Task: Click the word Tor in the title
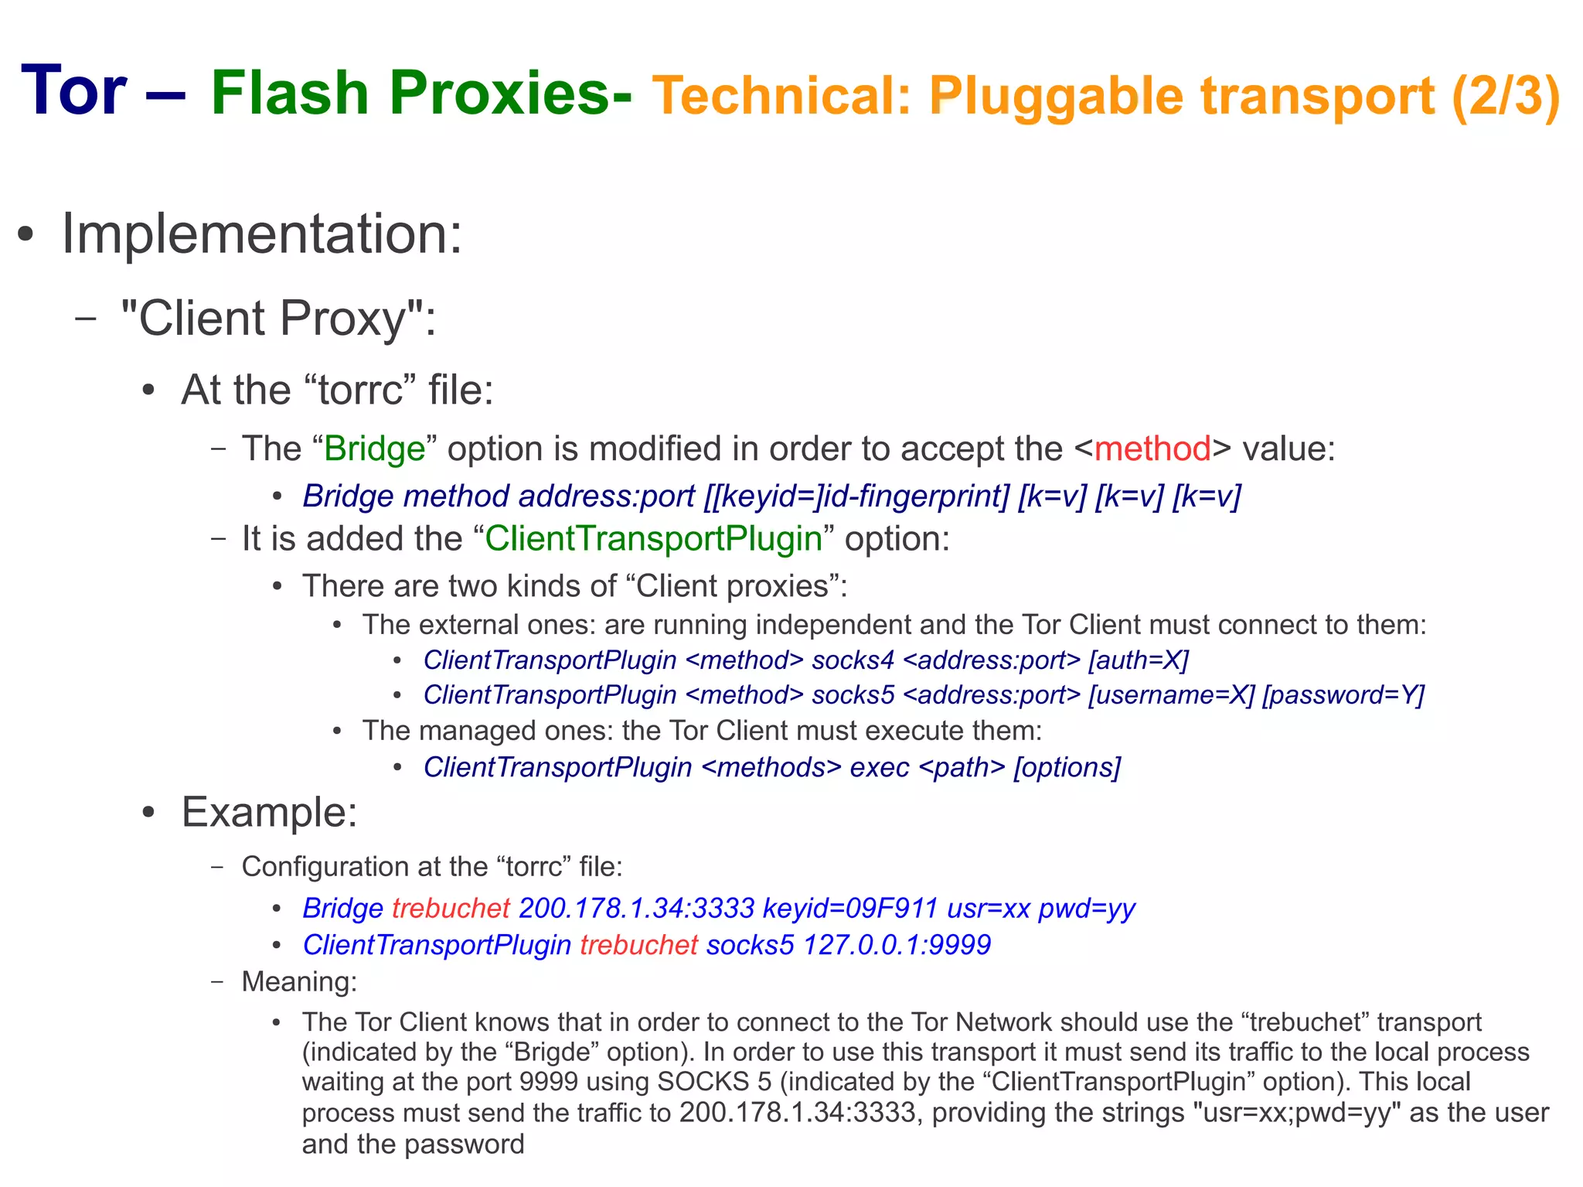(x=73, y=91)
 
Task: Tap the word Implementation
(x=261, y=234)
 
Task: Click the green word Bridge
(x=375, y=449)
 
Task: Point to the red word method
(x=1152, y=449)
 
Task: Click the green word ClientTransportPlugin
(x=653, y=539)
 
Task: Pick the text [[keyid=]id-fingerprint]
(x=856, y=496)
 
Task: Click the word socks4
(x=853, y=660)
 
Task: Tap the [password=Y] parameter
(x=1343, y=694)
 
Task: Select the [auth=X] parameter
(x=1139, y=660)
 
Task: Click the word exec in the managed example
(x=879, y=767)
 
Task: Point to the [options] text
(x=1067, y=767)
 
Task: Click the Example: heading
(x=269, y=812)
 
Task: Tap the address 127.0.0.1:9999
(x=897, y=945)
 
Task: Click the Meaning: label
(x=299, y=981)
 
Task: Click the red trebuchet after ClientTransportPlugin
(x=638, y=945)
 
